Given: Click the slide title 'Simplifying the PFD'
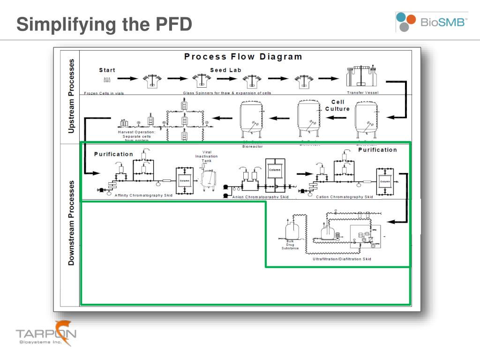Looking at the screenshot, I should (104, 24).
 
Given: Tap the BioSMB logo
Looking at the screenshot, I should (431, 22).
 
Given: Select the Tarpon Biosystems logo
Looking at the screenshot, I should (46, 334).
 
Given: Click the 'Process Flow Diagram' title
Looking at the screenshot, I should (243, 57).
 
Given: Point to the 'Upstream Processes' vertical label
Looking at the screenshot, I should (71, 96).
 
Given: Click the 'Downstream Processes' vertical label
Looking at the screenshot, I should (71, 223).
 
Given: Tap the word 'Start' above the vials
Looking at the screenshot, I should (107, 70).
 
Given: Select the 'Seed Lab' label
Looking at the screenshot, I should (225, 70).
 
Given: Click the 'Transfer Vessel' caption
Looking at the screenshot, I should (362, 93).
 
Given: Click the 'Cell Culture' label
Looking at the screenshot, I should (337, 105).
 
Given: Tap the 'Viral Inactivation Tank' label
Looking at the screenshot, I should (207, 157).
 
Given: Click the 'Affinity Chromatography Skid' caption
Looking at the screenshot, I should (143, 195).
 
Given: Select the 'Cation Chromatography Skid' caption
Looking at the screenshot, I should (345, 197).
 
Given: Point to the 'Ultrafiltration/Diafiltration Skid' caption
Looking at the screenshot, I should (342, 259).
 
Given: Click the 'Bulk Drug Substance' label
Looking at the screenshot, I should (290, 245).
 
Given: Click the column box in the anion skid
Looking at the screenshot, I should (275, 170).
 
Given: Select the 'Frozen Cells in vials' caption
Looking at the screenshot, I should (104, 93).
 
